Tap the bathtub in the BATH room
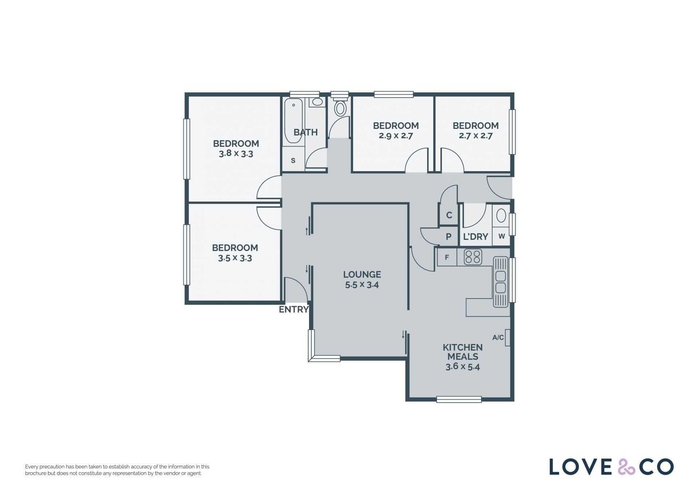point(293,120)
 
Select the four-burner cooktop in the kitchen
point(473,257)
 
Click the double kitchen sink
point(501,282)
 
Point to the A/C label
point(498,337)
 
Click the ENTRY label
point(294,309)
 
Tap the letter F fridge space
point(447,257)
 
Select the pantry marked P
point(449,236)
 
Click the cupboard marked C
point(449,215)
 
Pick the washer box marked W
point(501,236)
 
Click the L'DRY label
point(475,237)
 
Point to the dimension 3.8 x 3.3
point(236,153)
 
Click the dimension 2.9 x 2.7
point(396,136)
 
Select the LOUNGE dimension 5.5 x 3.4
point(362,285)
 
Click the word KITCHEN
point(463,347)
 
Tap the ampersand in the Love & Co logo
point(626,467)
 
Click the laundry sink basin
point(501,216)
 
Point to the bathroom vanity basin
point(317,102)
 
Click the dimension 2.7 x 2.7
point(475,136)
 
